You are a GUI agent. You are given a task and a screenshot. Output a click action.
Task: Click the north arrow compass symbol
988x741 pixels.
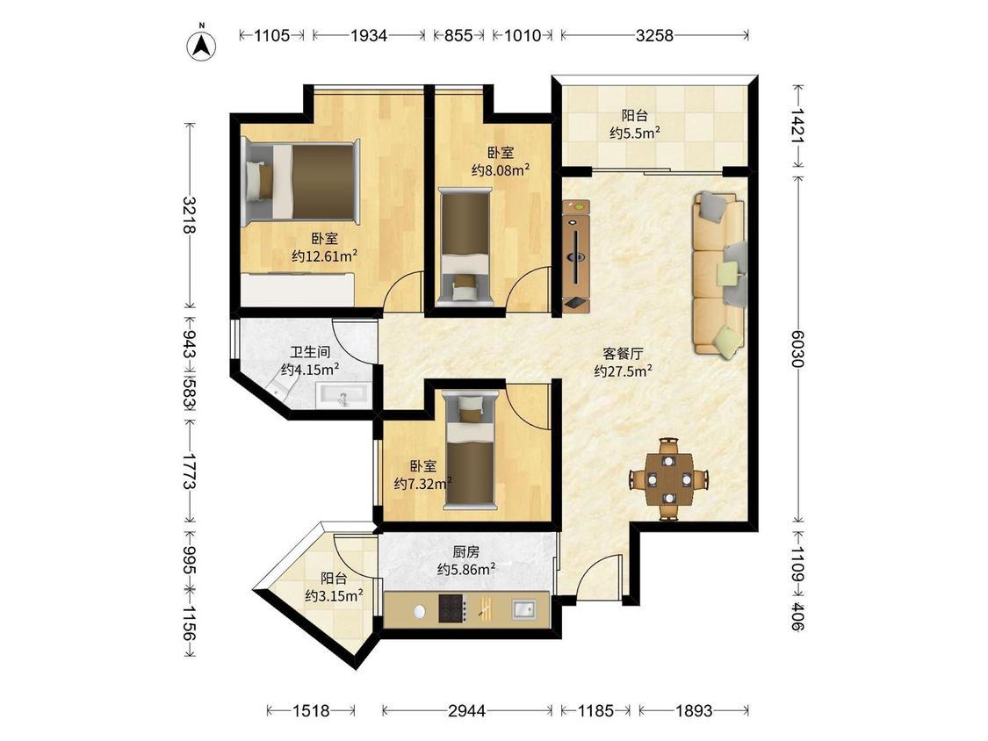[x=202, y=46]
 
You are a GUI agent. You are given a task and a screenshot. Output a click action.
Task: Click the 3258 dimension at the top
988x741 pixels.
[x=654, y=35]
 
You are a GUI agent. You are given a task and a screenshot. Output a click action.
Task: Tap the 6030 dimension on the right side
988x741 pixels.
[x=797, y=349]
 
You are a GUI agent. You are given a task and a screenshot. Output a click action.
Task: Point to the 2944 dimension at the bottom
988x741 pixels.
[x=467, y=711]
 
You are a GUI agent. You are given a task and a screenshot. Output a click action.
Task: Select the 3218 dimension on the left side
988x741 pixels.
[x=189, y=215]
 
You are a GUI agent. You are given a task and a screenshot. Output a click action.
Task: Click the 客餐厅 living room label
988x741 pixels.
[x=623, y=354]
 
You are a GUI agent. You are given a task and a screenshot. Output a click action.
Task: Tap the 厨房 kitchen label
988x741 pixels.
[x=466, y=552]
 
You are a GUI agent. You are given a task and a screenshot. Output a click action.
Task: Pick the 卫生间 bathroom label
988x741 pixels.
[x=310, y=352]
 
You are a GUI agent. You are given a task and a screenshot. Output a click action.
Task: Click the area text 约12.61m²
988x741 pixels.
[x=324, y=255]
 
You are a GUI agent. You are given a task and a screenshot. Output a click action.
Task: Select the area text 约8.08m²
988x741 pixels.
[x=501, y=169]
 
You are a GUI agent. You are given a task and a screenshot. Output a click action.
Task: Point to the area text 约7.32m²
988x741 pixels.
[x=422, y=483]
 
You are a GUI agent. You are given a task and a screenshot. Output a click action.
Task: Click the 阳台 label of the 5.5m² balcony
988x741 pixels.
[x=634, y=115]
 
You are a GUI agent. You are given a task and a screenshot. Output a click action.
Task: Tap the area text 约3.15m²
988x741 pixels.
[x=334, y=594]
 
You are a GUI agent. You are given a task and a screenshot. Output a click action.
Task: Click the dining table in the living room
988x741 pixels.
[x=669, y=479]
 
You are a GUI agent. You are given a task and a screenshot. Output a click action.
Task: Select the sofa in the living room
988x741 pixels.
[x=720, y=276]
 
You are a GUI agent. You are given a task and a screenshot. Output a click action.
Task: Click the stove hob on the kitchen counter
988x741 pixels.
[x=451, y=608]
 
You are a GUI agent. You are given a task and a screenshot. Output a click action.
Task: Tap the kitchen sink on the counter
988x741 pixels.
[x=523, y=609]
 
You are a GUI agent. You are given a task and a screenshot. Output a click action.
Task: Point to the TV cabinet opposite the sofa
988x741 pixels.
[x=576, y=255]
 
